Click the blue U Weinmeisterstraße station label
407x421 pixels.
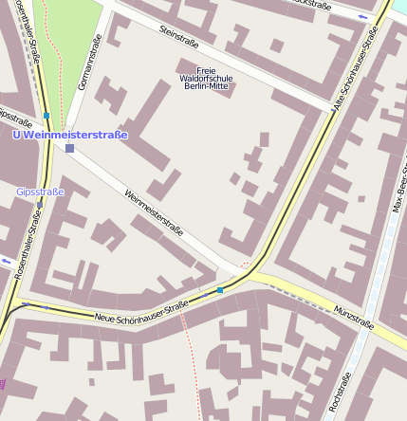coord(69,135)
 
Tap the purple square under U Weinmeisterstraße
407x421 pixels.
coord(69,148)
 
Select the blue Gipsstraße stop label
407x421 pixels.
coord(40,192)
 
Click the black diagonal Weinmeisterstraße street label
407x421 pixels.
coord(154,211)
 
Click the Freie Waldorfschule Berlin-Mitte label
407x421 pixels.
coord(206,78)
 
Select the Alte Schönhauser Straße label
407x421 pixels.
coord(356,71)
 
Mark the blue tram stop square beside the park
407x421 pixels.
coord(46,116)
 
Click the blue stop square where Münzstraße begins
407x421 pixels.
coord(220,289)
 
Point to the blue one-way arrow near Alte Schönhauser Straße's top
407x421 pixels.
coord(364,17)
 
